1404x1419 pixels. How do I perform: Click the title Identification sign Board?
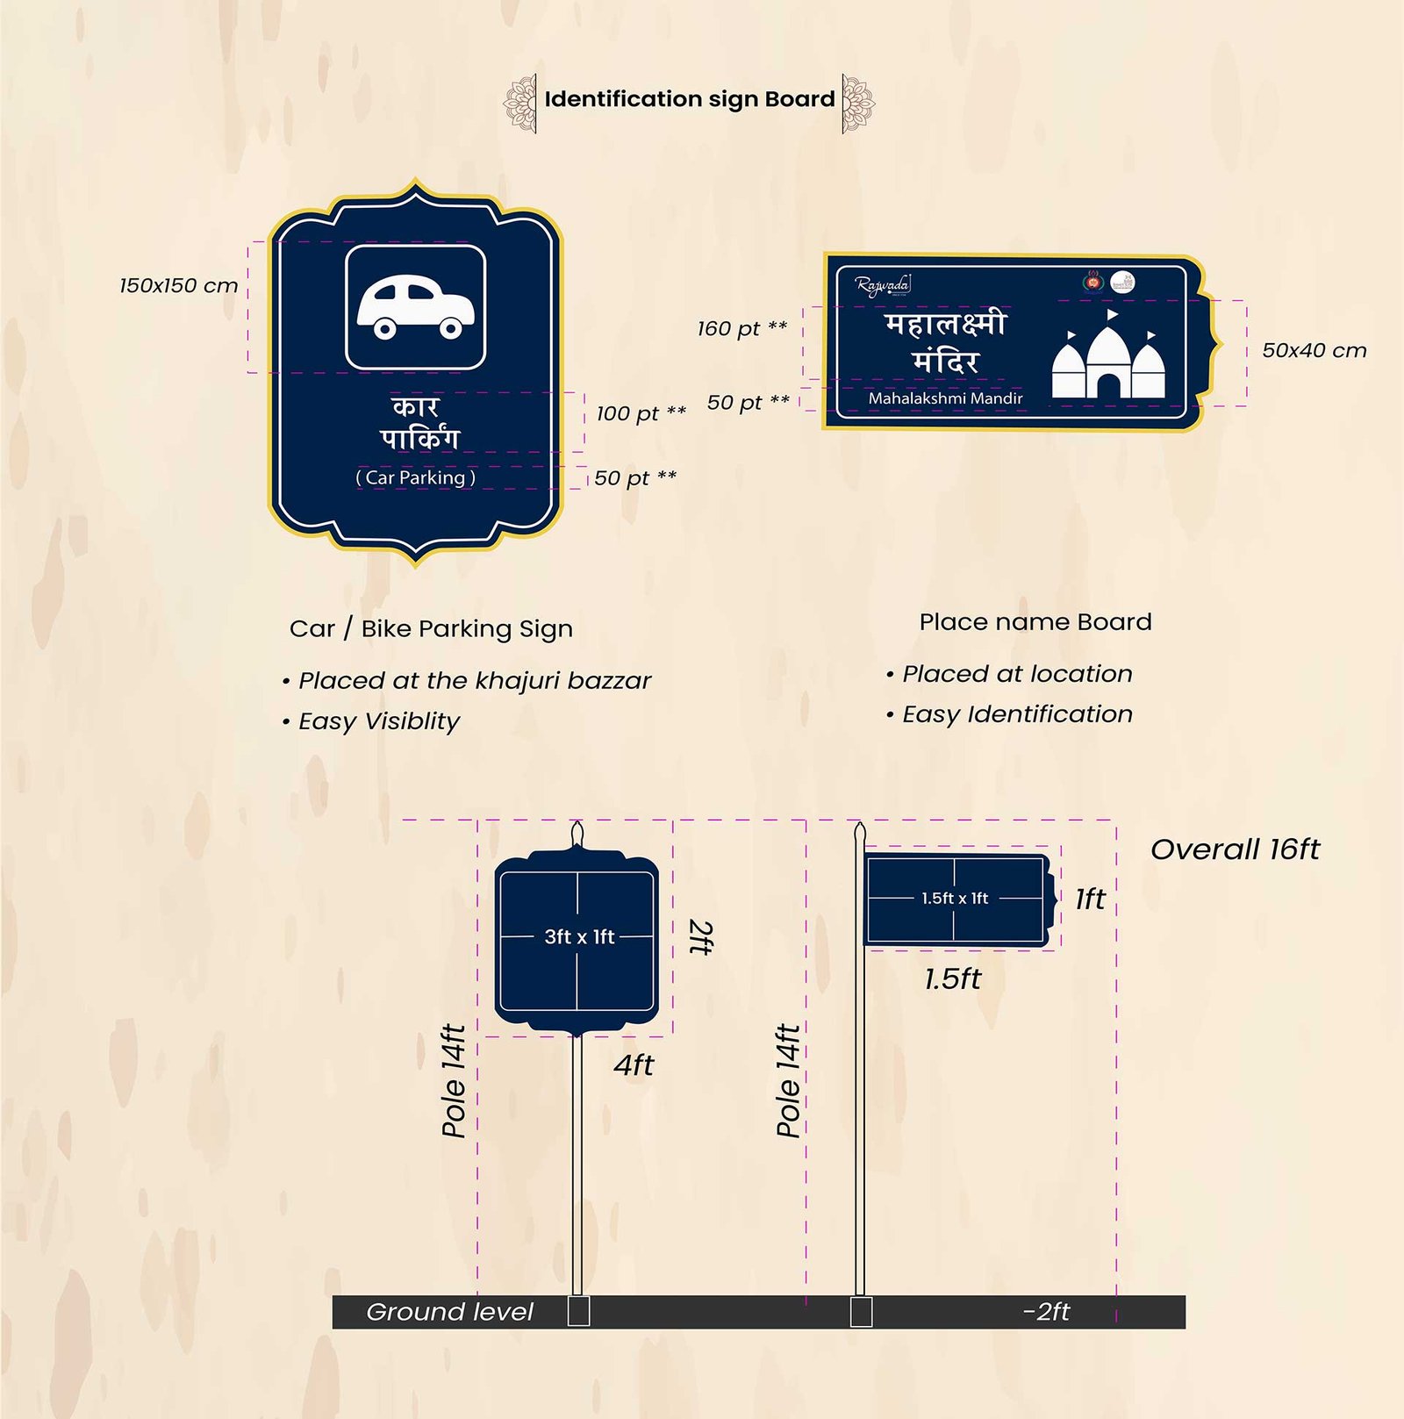click(x=689, y=99)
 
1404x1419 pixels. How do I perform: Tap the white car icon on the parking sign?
click(x=415, y=307)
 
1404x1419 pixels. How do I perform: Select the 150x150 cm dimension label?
click(x=179, y=286)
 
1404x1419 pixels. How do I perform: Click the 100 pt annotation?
click(x=641, y=413)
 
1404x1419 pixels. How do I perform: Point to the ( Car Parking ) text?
click(x=415, y=477)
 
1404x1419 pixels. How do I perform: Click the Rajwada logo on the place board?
click(x=883, y=285)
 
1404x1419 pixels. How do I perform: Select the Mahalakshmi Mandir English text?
click(x=945, y=398)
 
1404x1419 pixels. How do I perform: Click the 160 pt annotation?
click(x=742, y=328)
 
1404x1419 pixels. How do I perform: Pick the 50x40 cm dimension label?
click(x=1314, y=351)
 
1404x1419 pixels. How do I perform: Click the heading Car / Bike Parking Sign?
click(x=431, y=629)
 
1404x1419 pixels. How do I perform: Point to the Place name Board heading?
click(x=1035, y=622)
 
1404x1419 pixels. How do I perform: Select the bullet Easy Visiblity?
click(x=378, y=721)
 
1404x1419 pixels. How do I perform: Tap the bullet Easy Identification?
click(x=1017, y=714)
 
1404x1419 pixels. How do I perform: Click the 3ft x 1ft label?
click(x=579, y=936)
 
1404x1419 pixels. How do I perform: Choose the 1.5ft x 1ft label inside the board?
click(x=955, y=899)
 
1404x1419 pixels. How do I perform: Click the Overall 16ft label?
click(x=1235, y=849)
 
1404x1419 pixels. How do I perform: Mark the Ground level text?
click(x=449, y=1312)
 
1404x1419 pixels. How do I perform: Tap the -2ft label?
click(x=1046, y=1312)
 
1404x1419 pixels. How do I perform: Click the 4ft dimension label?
click(x=634, y=1065)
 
